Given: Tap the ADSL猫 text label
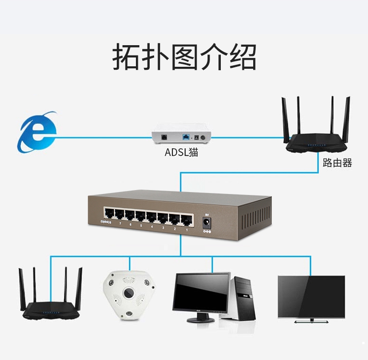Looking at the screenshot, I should click(x=181, y=153).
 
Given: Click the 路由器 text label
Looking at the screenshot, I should click(x=337, y=163).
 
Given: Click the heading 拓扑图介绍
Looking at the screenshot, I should click(x=184, y=57).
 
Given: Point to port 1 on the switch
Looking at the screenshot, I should click(x=186, y=218).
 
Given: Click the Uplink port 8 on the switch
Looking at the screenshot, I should click(x=108, y=214).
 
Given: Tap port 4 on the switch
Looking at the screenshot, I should click(x=152, y=216).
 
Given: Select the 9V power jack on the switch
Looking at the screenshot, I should click(x=207, y=223).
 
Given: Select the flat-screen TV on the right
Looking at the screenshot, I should click(x=311, y=298).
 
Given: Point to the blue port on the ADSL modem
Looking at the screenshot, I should click(x=186, y=136).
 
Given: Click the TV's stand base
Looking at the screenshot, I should click(x=311, y=321).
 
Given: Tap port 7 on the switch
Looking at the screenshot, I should click(x=119, y=215).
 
